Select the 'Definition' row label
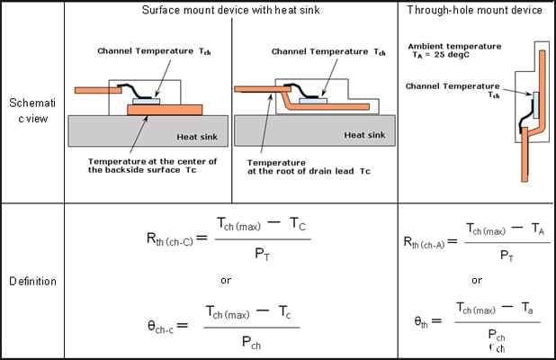(x=32, y=281)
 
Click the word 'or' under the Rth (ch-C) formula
(x=226, y=280)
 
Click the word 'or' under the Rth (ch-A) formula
(x=476, y=279)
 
